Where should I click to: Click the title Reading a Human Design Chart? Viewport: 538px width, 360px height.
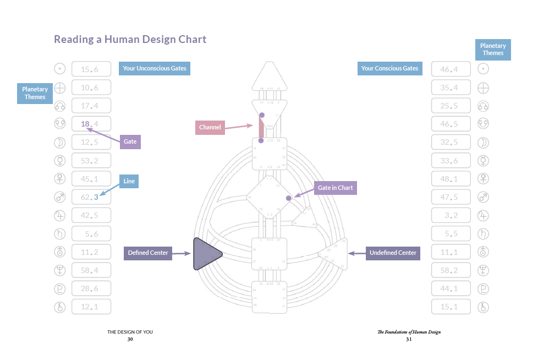(130, 39)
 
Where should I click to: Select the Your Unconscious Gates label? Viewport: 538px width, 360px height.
(155, 68)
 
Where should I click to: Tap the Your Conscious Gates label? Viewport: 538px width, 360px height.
(389, 68)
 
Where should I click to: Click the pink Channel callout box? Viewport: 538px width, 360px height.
(210, 127)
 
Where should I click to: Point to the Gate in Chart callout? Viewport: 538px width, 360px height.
(335, 188)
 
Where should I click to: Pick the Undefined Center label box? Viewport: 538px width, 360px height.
(393, 253)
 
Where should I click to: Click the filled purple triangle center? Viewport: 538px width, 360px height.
(206, 254)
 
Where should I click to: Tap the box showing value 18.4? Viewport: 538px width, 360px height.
(91, 124)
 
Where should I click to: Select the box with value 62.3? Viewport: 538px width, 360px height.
(91, 197)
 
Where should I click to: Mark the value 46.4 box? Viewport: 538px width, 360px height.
(451, 69)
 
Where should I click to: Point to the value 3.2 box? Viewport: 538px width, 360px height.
(451, 215)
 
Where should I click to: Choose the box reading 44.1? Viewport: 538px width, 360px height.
(451, 288)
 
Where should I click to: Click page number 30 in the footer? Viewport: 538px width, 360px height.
(130, 340)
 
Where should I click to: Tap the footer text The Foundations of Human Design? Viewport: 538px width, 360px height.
(409, 332)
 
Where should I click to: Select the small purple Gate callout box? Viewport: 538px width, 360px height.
(130, 141)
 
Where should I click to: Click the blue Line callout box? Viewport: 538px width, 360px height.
(129, 181)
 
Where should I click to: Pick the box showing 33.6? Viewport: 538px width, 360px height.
(451, 161)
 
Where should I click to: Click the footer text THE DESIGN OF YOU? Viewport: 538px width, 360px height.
(130, 332)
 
